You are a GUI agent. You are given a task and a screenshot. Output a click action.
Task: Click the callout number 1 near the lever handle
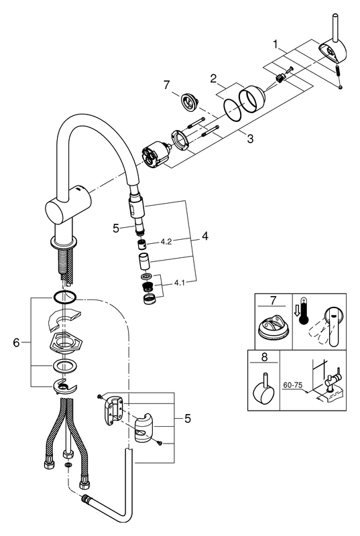[276, 44]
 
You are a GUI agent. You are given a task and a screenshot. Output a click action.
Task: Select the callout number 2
[214, 78]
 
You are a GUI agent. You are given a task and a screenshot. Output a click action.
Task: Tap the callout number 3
[251, 139]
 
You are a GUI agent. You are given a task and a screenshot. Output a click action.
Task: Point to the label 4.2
[166, 242]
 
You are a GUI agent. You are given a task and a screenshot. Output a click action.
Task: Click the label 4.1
[180, 283]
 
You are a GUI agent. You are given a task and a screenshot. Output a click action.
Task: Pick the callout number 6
[16, 342]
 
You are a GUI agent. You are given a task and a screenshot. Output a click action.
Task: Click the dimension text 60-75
[293, 385]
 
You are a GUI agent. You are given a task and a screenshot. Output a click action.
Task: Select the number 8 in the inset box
[265, 357]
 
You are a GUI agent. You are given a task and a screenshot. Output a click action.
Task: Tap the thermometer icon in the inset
[304, 312]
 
